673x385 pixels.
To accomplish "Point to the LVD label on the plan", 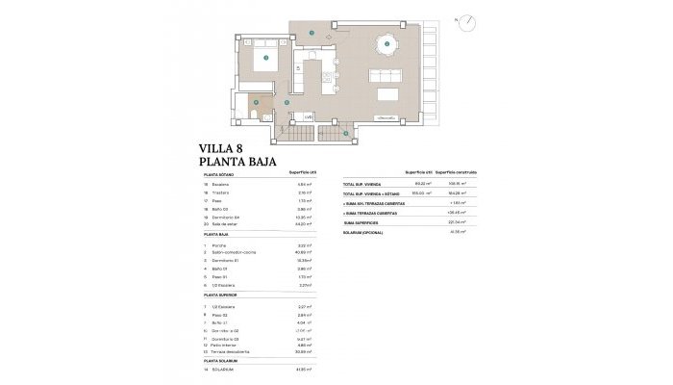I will click(x=309, y=117).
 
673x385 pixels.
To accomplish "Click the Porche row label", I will click(x=216, y=245).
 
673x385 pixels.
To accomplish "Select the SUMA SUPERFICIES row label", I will click(x=364, y=222).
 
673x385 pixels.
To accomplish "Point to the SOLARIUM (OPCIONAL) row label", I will click(x=368, y=232).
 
